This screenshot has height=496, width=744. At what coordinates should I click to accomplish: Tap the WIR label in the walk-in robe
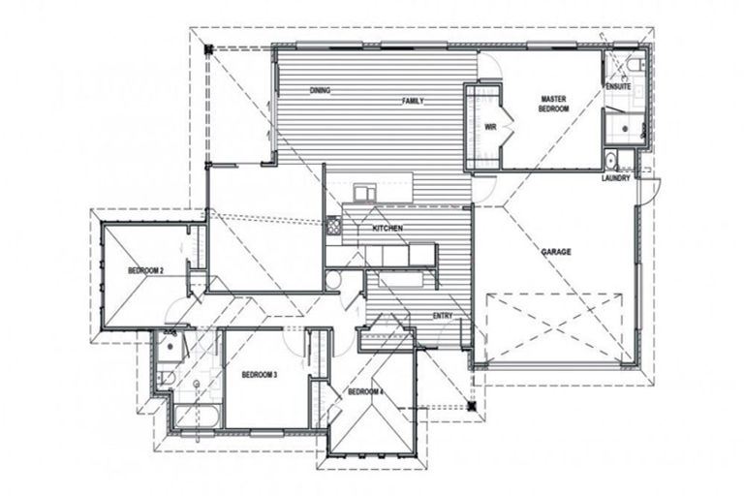(490, 126)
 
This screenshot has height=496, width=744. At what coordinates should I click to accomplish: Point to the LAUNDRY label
(616, 177)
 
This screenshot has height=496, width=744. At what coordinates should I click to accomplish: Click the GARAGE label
(556, 252)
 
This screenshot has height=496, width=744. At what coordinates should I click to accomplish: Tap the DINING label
(321, 90)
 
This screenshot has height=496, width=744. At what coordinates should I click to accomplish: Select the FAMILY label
(415, 100)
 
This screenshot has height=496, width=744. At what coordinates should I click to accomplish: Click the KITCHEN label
(387, 229)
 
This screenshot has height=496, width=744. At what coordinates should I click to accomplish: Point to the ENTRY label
(443, 317)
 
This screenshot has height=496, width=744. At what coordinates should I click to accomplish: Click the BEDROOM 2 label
(145, 270)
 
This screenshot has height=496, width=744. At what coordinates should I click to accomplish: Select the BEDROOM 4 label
(366, 391)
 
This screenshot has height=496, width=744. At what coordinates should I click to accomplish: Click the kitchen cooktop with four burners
(334, 228)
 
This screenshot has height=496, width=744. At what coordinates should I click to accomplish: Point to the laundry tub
(611, 160)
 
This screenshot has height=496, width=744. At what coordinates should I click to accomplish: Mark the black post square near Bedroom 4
(472, 407)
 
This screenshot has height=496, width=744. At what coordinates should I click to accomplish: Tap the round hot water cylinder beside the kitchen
(333, 280)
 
